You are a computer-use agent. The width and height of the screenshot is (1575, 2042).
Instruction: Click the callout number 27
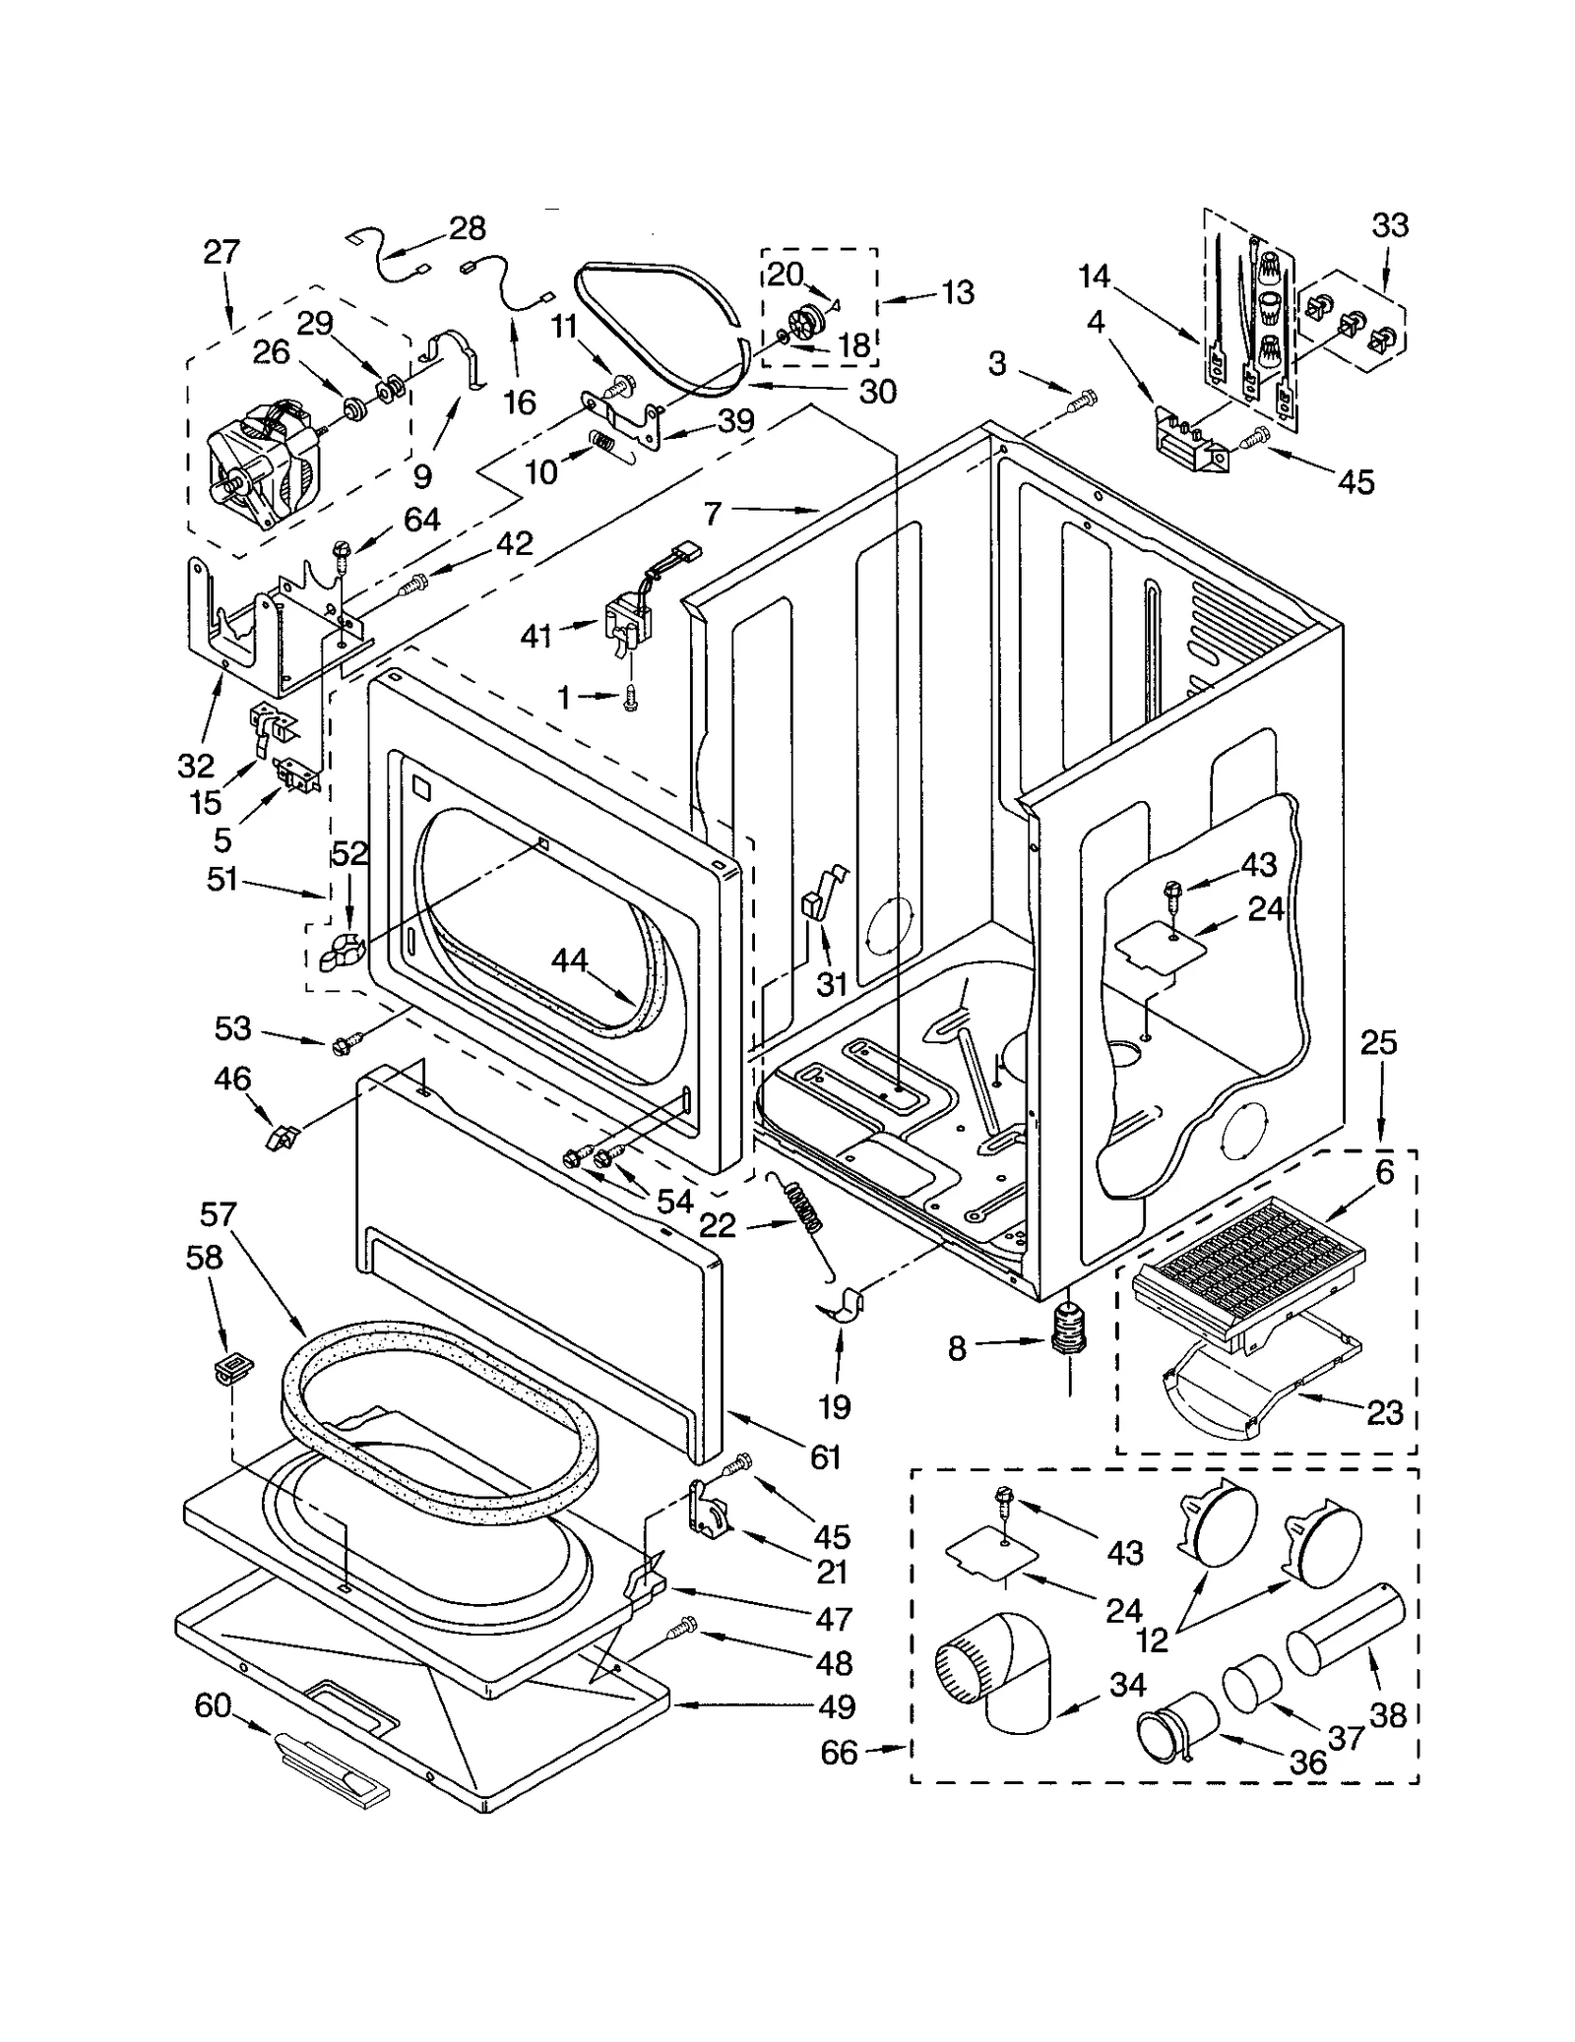(x=221, y=252)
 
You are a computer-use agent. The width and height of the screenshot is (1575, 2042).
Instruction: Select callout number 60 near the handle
(x=213, y=1705)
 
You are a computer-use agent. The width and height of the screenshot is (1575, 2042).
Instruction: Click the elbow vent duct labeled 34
(x=994, y=1673)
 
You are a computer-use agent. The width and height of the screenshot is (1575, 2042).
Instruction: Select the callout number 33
(x=1390, y=225)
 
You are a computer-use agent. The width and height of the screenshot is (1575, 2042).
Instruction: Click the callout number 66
(x=839, y=1753)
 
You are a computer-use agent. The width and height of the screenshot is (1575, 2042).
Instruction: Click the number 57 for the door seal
(x=218, y=1214)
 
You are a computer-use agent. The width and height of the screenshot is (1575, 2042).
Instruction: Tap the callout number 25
(x=1378, y=1043)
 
